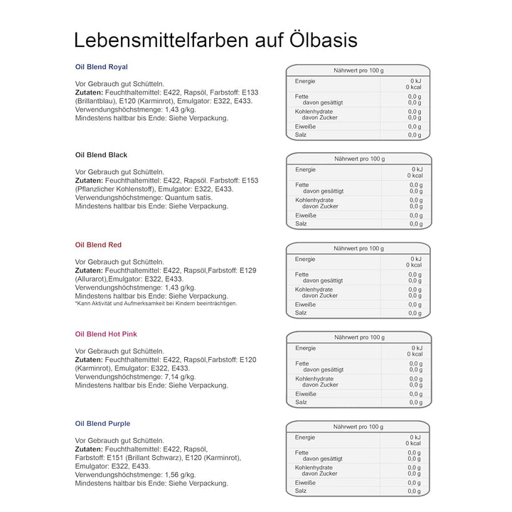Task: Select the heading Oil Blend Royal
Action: click(x=102, y=67)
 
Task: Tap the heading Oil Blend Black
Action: click(x=101, y=154)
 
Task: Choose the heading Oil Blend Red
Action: click(x=98, y=245)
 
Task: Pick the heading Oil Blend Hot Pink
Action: click(x=106, y=334)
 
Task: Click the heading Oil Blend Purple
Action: click(x=102, y=424)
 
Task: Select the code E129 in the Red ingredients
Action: click(x=247, y=270)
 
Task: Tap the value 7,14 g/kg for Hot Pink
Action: click(x=178, y=377)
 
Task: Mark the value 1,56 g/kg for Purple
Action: click(x=178, y=474)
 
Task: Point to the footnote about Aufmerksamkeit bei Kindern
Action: click(x=156, y=304)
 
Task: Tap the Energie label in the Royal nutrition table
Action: click(x=305, y=82)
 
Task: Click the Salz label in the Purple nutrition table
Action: click(x=301, y=491)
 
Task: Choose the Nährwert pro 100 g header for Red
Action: click(x=358, y=248)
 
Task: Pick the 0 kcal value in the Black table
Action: click(x=415, y=176)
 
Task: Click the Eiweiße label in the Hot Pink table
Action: click(x=306, y=393)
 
